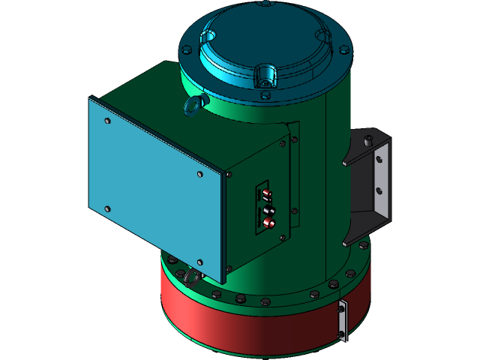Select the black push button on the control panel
click(268, 211)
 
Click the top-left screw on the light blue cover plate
click(107, 120)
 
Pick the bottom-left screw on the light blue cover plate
click(107, 208)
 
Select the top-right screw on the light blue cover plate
click(199, 174)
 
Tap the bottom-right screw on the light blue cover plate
click(199, 262)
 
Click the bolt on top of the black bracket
click(368, 140)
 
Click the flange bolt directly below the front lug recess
click(265, 95)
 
